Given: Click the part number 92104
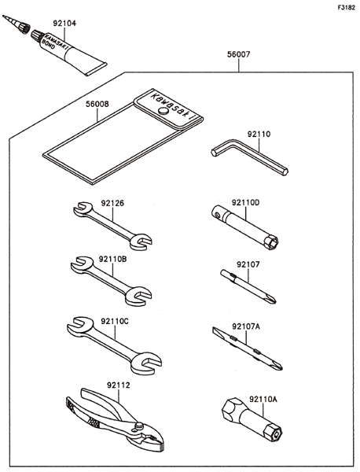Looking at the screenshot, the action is click(x=64, y=24).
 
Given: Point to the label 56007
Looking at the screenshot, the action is click(x=238, y=54).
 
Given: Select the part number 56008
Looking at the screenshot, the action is click(x=97, y=104).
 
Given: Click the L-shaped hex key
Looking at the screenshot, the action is click(x=250, y=156).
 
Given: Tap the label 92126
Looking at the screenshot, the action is click(x=112, y=204).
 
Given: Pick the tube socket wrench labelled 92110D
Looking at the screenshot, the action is click(x=244, y=227).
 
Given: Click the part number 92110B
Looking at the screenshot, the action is click(x=112, y=259).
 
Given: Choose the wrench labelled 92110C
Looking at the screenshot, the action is click(x=114, y=345).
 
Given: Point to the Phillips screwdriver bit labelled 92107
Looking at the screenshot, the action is click(x=248, y=286).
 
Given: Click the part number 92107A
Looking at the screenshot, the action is click(x=246, y=326).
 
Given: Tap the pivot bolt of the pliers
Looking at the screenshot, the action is click(x=138, y=426).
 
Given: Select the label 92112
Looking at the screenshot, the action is click(x=118, y=385).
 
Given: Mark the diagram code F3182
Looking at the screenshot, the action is click(x=346, y=8).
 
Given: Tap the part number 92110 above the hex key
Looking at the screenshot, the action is click(x=259, y=134).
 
